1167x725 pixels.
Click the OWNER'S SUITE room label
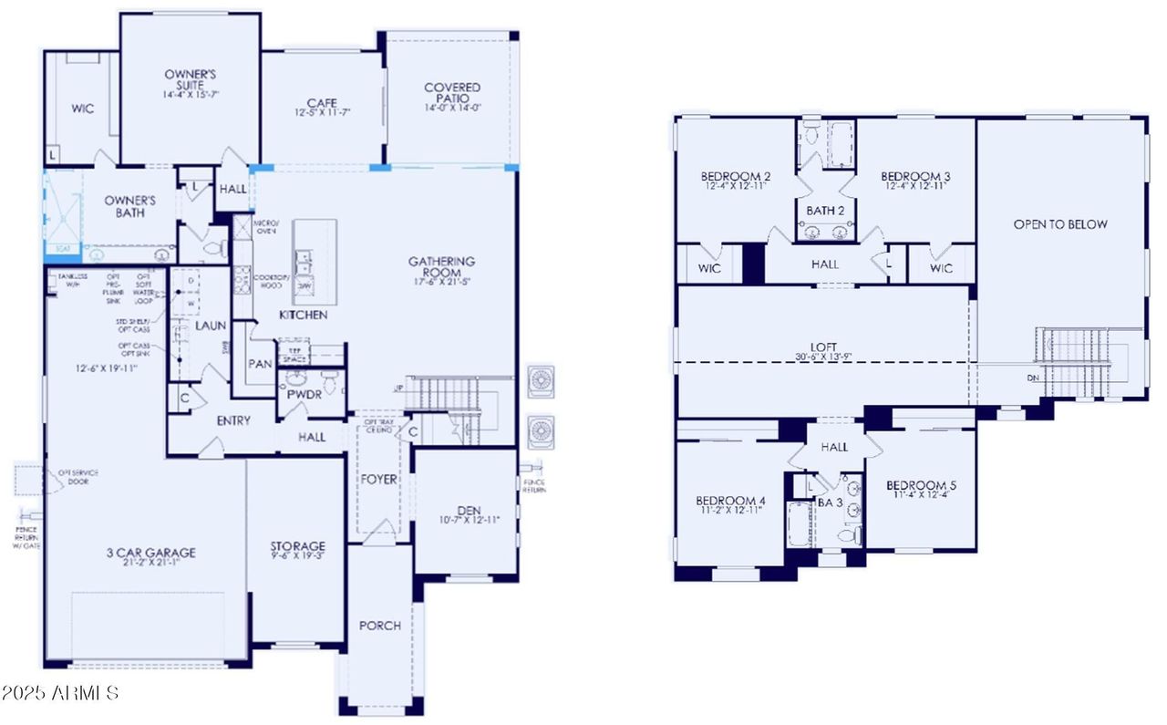190,75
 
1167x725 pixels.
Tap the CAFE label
322,103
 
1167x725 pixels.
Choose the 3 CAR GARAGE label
150,553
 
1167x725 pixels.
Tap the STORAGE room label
296,547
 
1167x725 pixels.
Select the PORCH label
380,626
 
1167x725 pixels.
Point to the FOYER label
379,480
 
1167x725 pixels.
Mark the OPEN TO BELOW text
1060,224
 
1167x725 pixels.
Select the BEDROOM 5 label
921,485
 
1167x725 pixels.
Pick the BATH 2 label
825,211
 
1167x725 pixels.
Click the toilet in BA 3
852,536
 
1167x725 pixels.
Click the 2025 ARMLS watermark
60,693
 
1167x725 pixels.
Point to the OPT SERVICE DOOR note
77,477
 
